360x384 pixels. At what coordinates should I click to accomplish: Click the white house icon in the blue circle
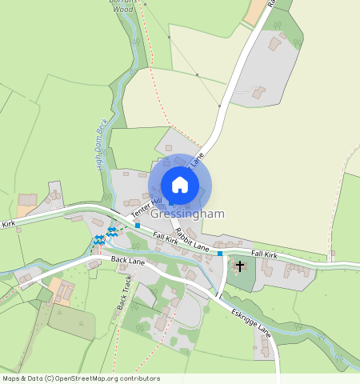pyautogui.click(x=180, y=185)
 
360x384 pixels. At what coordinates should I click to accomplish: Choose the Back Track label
pyautogui.click(x=123, y=292)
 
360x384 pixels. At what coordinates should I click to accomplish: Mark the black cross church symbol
pyautogui.click(x=240, y=264)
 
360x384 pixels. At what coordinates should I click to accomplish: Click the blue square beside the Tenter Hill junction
pyautogui.click(x=138, y=226)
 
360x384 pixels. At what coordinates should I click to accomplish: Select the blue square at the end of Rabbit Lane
pyautogui.click(x=219, y=254)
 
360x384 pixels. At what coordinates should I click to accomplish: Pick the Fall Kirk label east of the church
pyautogui.click(x=263, y=254)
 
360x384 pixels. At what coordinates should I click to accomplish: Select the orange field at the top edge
pyautogui.click(x=257, y=11)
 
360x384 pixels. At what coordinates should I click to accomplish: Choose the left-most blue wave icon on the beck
pyautogui.click(x=97, y=239)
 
